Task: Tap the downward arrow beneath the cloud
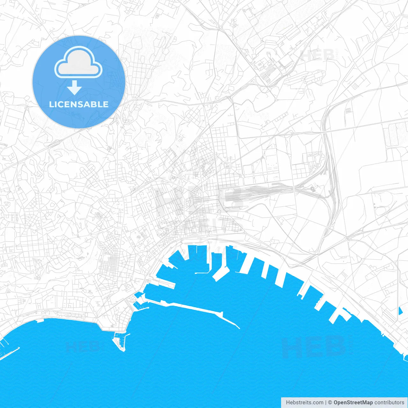[75, 88]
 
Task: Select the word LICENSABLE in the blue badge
[79, 104]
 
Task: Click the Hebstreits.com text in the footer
[304, 403]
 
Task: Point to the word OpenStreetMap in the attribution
[353, 403]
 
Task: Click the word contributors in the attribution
[389, 403]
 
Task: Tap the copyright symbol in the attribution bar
[330, 403]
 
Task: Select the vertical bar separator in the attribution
[326, 403]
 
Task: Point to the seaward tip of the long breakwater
[239, 328]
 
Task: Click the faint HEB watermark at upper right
[317, 55]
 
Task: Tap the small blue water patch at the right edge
[400, 310]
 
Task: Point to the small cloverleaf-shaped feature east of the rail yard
[313, 189]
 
